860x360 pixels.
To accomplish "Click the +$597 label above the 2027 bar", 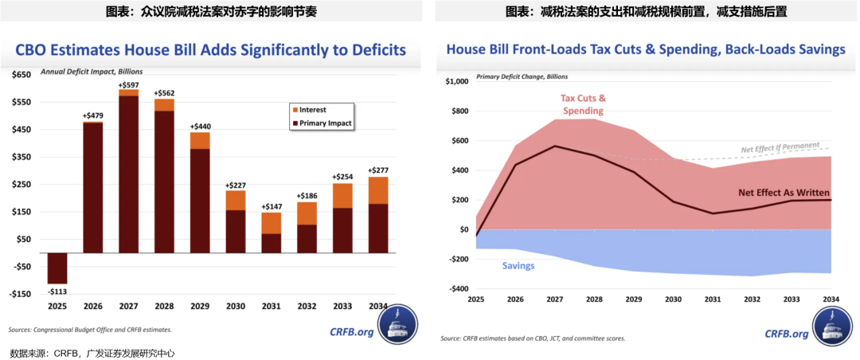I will [128, 85].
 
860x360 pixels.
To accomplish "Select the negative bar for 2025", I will [57, 268].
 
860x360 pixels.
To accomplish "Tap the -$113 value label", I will [57, 291].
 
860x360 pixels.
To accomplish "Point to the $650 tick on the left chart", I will [20, 74].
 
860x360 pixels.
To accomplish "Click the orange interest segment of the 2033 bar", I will [343, 196].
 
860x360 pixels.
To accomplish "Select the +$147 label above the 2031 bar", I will [271, 206].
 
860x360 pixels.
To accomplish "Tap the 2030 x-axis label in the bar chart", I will [236, 307].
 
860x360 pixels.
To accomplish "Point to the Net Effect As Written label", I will [784, 193].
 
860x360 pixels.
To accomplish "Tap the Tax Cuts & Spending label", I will [583, 104].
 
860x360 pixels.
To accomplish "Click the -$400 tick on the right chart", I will [458, 289].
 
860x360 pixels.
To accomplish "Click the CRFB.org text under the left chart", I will [352, 331].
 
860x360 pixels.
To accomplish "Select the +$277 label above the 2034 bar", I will [379, 170].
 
